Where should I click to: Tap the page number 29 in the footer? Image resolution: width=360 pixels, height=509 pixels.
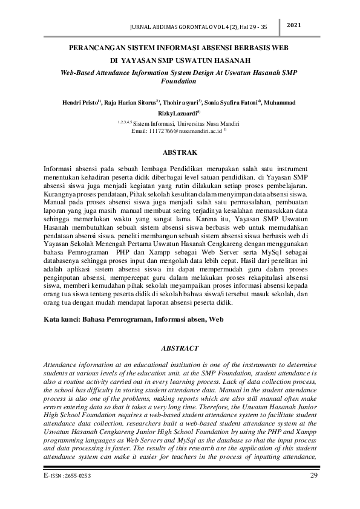313,476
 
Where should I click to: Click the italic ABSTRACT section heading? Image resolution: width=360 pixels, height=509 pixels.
180,349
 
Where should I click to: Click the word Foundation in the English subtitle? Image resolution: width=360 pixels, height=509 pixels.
180,80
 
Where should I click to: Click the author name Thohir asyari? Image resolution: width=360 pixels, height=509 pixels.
181,103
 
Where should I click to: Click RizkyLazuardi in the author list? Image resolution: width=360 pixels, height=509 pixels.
178,113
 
